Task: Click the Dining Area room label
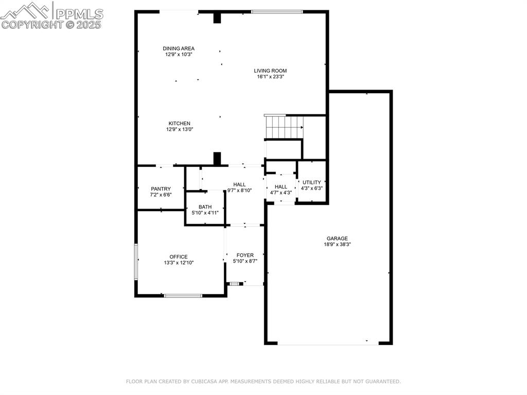click(179, 48)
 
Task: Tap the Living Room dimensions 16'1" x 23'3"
click(271, 77)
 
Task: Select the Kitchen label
click(179, 124)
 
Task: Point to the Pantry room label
click(161, 189)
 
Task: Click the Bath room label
click(205, 207)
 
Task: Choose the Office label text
click(179, 257)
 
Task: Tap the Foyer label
click(245, 255)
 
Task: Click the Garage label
click(337, 238)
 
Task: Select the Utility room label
click(311, 182)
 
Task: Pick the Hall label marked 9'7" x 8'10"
click(239, 184)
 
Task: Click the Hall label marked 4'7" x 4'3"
click(281, 187)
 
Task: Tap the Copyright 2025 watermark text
click(51, 24)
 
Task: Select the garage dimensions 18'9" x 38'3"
click(337, 245)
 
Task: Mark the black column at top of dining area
click(217, 18)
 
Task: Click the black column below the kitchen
click(217, 158)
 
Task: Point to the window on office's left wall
click(136, 262)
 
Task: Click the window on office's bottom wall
click(183, 296)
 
